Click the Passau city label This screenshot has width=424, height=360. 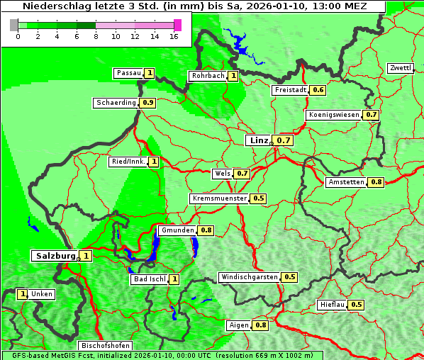(x=128, y=73)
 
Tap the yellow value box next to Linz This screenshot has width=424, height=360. (x=284, y=140)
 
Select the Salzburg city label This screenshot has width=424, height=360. (x=55, y=256)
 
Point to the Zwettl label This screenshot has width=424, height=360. (x=400, y=68)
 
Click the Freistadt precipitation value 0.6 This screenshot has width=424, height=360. (x=318, y=90)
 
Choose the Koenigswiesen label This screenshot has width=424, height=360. (x=334, y=115)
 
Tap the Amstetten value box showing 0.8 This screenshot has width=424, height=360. (x=376, y=182)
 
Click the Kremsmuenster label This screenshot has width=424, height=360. (x=219, y=198)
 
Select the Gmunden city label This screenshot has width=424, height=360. (x=177, y=230)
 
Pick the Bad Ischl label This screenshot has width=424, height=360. (x=149, y=279)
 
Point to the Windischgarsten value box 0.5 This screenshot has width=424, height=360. (x=289, y=277)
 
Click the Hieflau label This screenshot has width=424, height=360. (x=332, y=305)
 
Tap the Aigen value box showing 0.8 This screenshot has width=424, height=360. (x=260, y=325)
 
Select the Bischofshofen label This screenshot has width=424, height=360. (x=104, y=346)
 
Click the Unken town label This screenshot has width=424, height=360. (x=41, y=294)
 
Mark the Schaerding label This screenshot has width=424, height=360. (x=116, y=103)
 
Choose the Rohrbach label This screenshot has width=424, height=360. (x=207, y=76)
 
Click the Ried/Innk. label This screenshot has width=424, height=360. (x=128, y=162)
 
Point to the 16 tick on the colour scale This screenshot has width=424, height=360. (x=174, y=35)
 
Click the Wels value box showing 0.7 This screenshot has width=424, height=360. (x=242, y=174)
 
